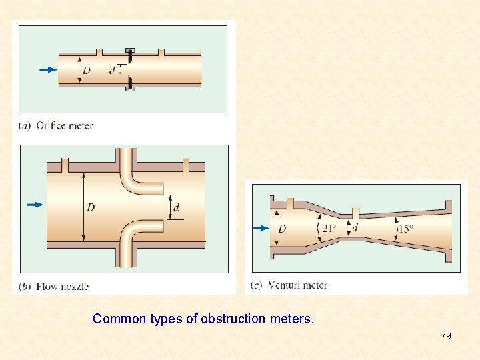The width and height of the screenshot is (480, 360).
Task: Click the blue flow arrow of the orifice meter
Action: point(48,69)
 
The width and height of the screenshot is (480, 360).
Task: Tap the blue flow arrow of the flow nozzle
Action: point(34,205)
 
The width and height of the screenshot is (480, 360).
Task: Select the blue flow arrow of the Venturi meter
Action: point(261,228)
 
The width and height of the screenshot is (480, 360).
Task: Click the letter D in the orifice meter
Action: point(87,70)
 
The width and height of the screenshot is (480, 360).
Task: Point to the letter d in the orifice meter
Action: point(112,70)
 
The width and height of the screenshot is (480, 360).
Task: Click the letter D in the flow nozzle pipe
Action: point(91,207)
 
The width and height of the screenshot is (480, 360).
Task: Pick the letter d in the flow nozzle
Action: point(176,207)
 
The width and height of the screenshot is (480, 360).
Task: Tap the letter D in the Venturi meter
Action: point(282,229)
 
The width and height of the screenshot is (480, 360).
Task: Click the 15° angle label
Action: point(405,229)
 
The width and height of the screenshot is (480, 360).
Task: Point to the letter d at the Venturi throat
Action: point(355,227)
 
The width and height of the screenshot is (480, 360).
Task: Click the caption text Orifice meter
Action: point(64,125)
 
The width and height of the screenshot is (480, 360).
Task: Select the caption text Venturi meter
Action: point(297,285)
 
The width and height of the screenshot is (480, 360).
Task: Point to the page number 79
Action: point(446,336)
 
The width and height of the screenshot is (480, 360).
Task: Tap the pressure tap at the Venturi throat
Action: point(357,212)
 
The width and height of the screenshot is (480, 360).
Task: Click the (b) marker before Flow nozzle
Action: point(25,287)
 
